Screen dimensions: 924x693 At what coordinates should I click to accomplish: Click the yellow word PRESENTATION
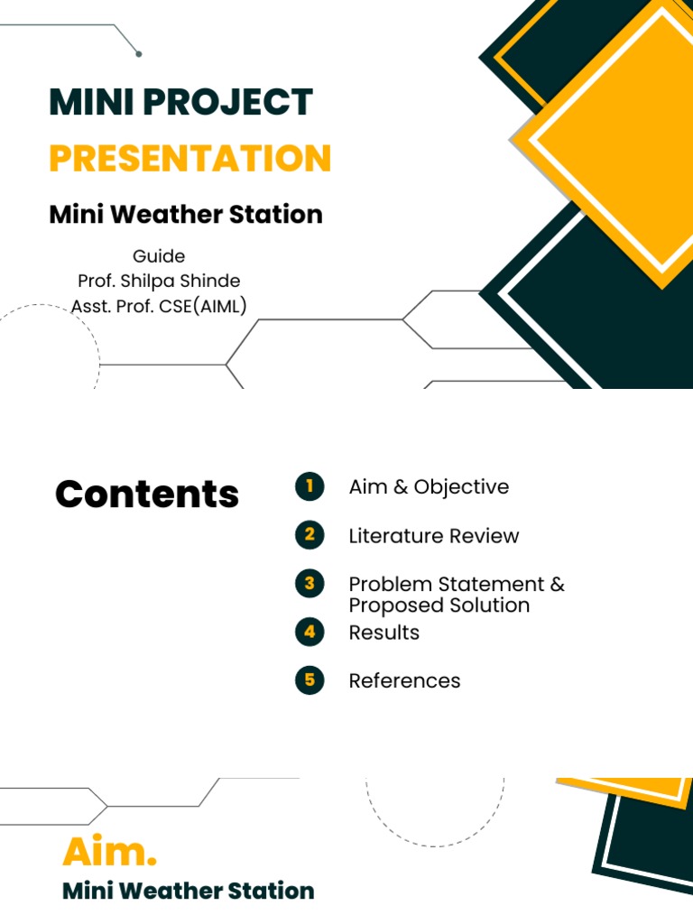(189, 159)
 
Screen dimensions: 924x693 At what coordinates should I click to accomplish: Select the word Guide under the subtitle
(159, 256)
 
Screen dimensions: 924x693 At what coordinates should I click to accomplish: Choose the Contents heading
(147, 494)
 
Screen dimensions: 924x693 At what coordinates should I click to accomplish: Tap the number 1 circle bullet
(310, 487)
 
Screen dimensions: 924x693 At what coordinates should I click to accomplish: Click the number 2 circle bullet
(310, 535)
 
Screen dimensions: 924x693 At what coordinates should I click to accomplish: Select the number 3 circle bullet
(310, 584)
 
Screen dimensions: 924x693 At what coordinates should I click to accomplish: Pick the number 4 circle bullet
(310, 632)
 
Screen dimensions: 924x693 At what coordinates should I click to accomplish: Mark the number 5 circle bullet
(310, 680)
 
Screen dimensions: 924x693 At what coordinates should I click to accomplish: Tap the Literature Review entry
(434, 536)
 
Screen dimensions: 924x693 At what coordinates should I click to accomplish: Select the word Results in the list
(384, 633)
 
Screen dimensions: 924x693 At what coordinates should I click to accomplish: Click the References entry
(404, 681)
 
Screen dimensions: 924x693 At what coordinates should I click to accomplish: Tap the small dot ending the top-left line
(138, 54)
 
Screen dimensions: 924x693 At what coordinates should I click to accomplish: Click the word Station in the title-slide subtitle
(279, 215)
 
